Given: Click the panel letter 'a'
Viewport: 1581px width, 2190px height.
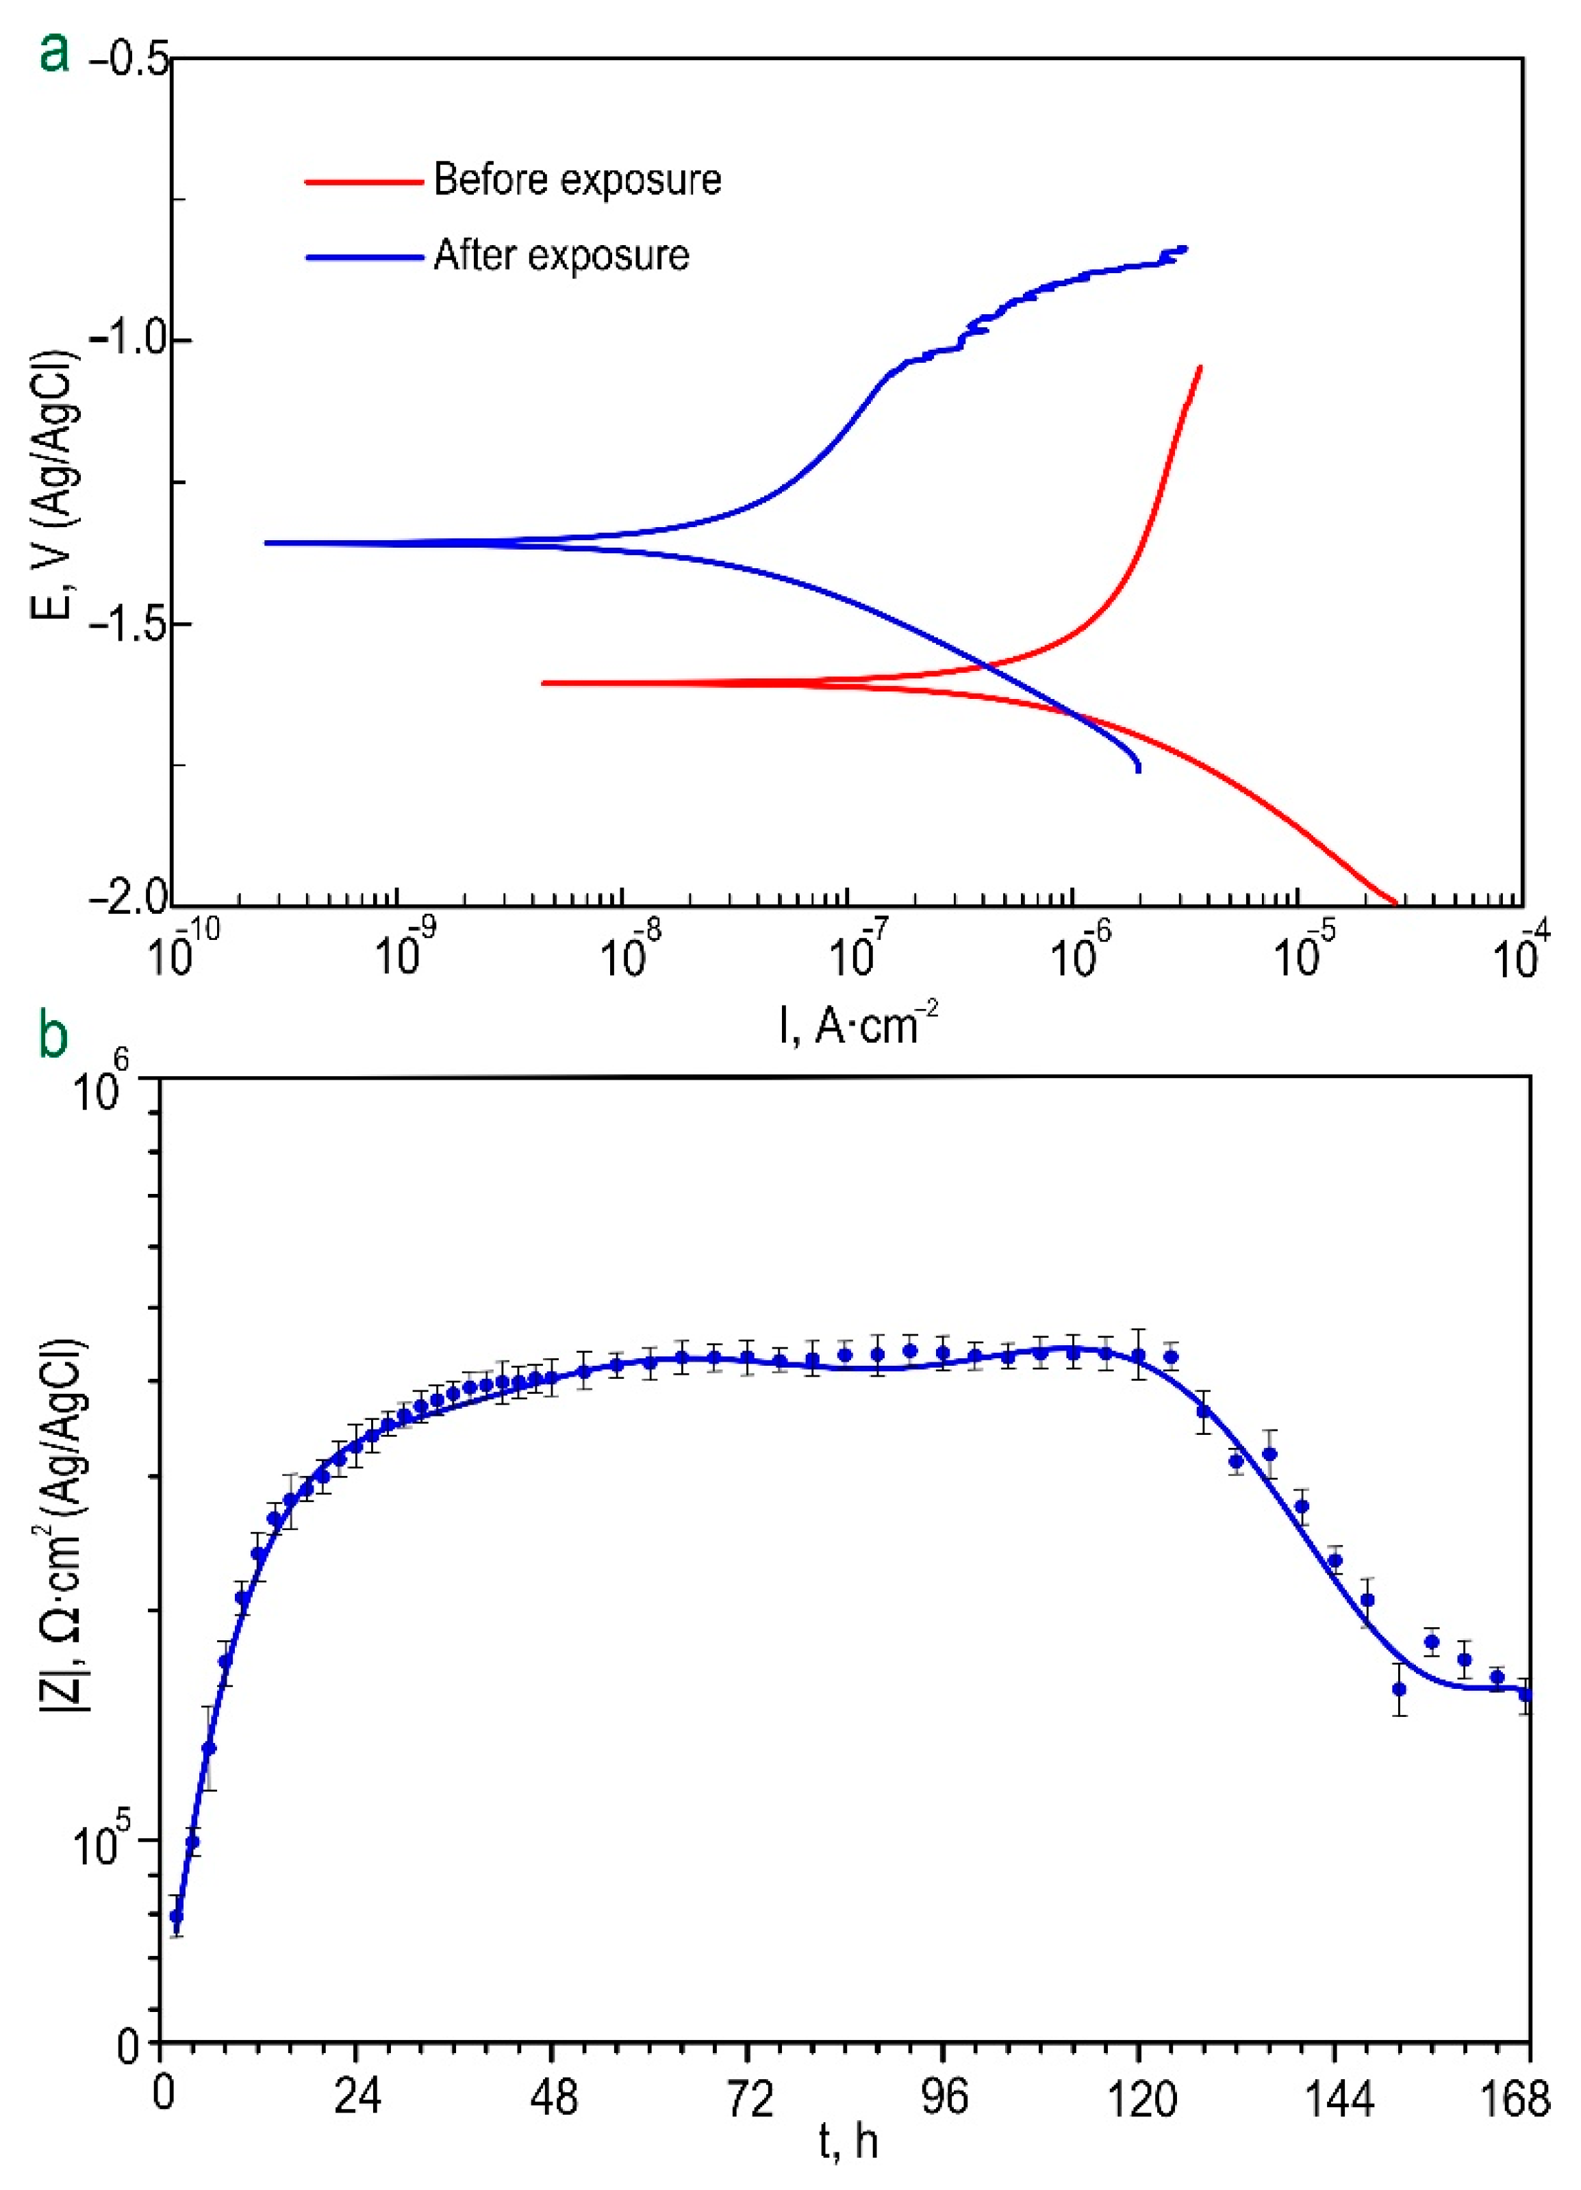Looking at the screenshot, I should pos(54,54).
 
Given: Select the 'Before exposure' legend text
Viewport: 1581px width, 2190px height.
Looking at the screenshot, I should pos(577,179).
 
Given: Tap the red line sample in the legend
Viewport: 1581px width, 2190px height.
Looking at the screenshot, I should pos(364,181).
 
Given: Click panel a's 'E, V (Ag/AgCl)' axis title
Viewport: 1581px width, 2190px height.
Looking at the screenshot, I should pos(54,483).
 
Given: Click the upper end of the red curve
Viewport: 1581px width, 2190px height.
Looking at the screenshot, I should pos(1200,367).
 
